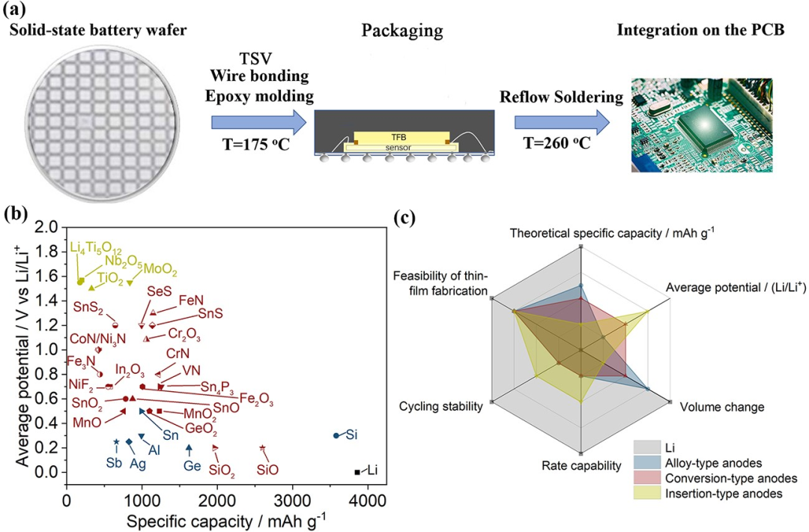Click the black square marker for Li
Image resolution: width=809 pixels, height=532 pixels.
(357, 472)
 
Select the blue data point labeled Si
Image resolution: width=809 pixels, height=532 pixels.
(336, 435)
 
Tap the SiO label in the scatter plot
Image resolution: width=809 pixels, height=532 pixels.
(267, 471)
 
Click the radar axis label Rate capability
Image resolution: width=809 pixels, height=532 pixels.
(581, 466)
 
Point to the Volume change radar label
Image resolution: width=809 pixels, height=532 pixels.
(721, 408)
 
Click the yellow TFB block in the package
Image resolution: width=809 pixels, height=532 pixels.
(398, 137)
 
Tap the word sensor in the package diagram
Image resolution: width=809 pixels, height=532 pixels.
(399, 148)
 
